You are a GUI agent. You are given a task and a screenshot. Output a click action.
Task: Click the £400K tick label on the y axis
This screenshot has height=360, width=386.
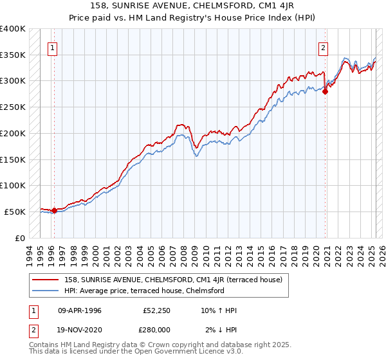point(13,29)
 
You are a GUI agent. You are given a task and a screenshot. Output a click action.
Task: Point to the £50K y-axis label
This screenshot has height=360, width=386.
point(15,212)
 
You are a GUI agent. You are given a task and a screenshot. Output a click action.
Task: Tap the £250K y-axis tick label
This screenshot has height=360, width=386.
point(13,107)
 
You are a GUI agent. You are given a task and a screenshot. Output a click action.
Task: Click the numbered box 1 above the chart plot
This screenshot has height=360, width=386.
point(51,47)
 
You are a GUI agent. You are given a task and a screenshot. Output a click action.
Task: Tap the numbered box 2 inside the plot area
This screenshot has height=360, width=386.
point(323,47)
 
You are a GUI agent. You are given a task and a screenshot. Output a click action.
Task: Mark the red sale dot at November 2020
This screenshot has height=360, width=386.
point(325,91)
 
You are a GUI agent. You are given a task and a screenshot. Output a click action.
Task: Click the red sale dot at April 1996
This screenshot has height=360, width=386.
point(54,210)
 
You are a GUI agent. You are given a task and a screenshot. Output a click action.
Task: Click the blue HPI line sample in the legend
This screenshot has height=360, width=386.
point(46,291)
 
